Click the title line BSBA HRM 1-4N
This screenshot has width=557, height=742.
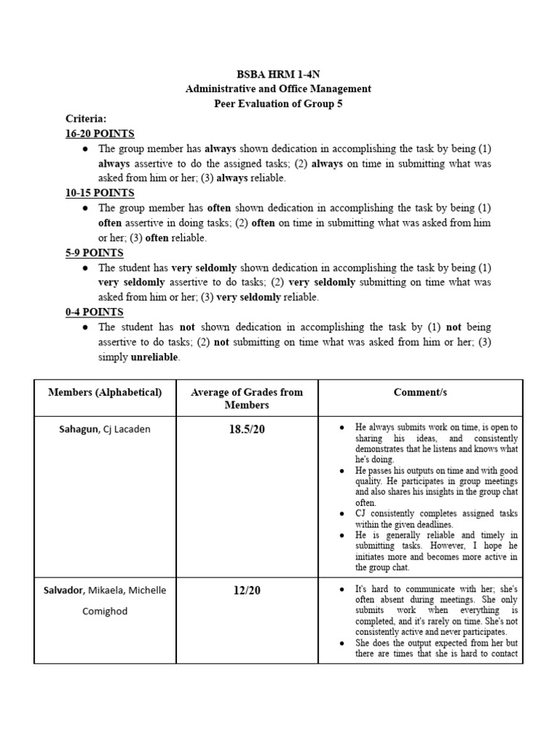278,74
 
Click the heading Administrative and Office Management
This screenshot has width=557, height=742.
278,88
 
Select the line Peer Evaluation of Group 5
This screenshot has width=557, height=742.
278,104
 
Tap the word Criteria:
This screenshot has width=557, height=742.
86,118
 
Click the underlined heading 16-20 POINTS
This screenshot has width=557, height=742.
99,133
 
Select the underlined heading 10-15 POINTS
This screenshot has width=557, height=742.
99,193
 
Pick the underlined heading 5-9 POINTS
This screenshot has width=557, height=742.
94,253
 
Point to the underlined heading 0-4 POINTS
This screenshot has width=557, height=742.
94,312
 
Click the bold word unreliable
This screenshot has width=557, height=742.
154,358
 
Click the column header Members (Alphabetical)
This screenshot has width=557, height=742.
104,392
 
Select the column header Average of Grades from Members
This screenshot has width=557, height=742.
247,399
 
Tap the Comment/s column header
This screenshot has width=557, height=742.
420,392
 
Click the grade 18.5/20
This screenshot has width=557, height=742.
247,430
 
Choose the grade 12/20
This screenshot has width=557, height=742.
247,591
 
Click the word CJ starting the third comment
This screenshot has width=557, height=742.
363,514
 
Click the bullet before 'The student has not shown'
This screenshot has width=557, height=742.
86,328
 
